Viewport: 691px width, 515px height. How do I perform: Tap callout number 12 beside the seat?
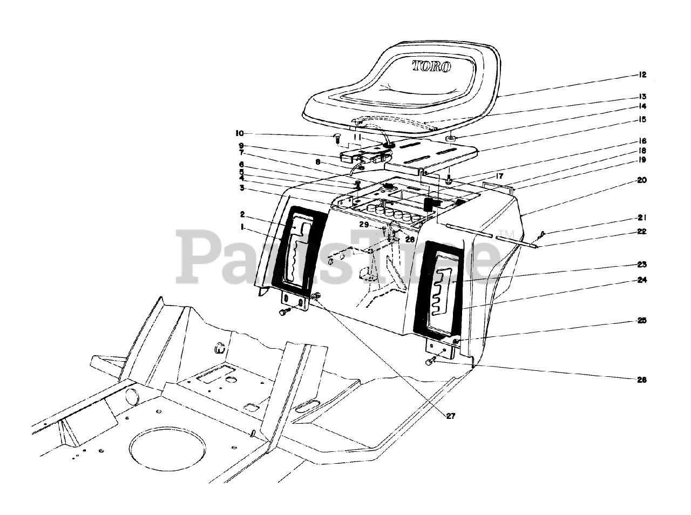pyautogui.click(x=642, y=75)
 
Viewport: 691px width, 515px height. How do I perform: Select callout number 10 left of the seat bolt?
pyautogui.click(x=239, y=133)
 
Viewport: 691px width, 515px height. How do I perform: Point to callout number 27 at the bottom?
pyautogui.click(x=451, y=416)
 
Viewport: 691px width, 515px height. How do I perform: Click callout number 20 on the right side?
pyautogui.click(x=641, y=180)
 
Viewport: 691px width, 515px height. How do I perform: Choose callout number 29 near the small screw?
pyautogui.click(x=364, y=224)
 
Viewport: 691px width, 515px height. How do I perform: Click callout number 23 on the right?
pyautogui.click(x=642, y=265)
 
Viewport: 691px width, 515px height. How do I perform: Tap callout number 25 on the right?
pyautogui.click(x=642, y=321)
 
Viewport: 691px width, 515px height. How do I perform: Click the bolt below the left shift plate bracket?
pyautogui.click(x=283, y=313)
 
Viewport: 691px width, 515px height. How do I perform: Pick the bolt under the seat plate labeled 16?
pyautogui.click(x=449, y=179)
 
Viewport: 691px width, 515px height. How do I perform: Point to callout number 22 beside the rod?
pyautogui.click(x=642, y=231)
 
